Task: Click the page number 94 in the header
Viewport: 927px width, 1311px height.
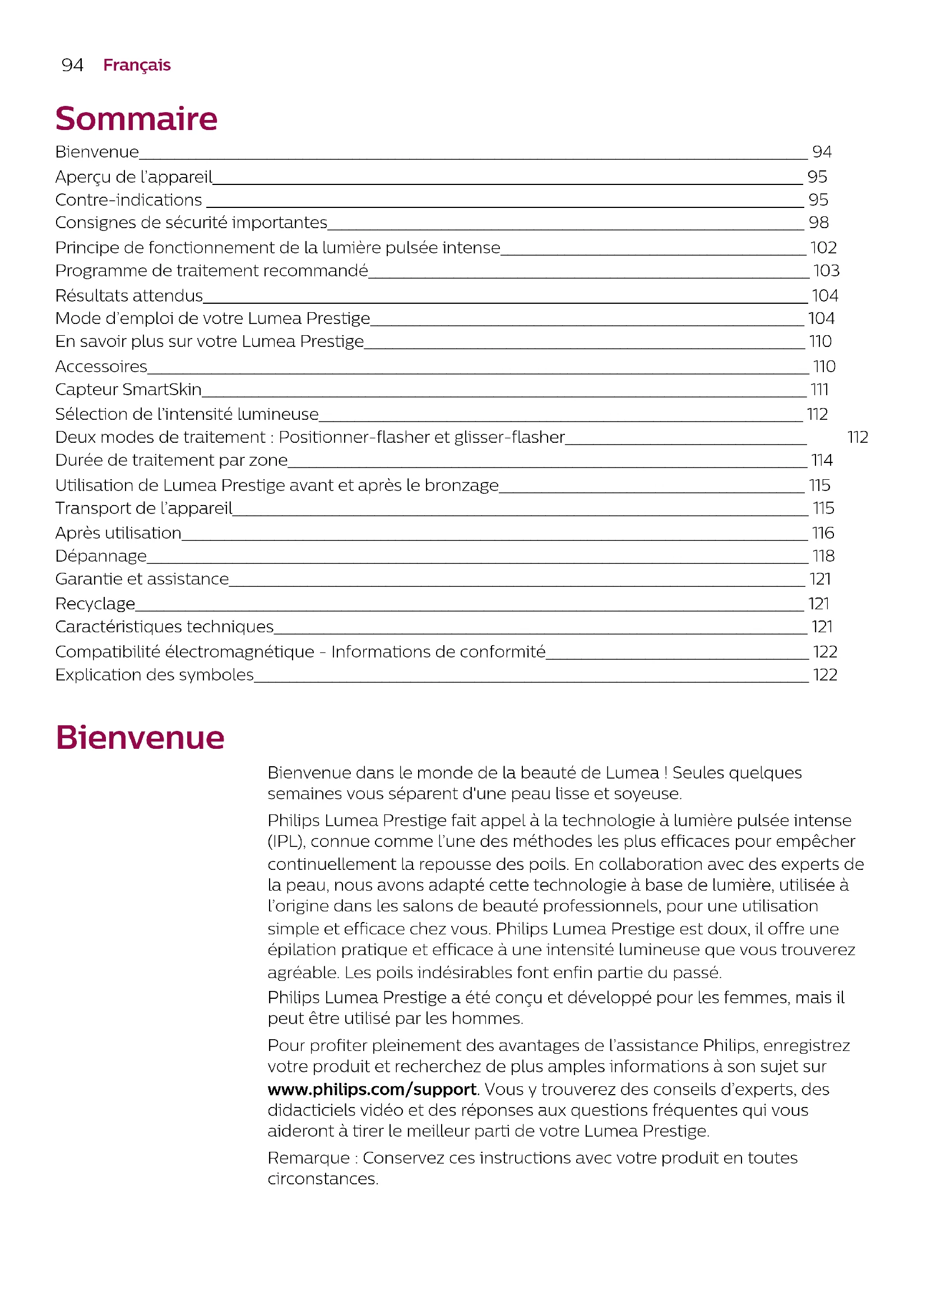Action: (72, 65)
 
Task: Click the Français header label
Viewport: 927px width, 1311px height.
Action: (136, 65)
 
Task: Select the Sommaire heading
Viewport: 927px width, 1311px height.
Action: (136, 119)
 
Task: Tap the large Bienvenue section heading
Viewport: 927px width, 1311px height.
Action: (140, 737)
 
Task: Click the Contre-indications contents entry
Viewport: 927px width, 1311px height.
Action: (128, 200)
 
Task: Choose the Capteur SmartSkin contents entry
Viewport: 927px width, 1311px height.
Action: (128, 390)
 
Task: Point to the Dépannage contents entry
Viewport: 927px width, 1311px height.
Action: (101, 556)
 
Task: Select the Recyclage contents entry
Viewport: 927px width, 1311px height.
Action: (95, 604)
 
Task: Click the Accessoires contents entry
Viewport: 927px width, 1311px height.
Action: (101, 367)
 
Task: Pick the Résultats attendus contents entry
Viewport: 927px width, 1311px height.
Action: (129, 296)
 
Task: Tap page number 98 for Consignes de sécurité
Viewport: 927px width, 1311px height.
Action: (818, 223)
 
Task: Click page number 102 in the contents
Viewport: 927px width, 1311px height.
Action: (823, 248)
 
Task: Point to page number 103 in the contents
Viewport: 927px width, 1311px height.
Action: (826, 271)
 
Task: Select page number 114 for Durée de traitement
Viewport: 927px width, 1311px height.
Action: (822, 460)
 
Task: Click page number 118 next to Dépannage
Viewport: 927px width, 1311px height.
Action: (823, 556)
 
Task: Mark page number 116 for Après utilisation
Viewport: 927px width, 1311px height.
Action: (823, 533)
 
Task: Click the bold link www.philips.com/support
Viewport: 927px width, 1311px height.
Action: (372, 1090)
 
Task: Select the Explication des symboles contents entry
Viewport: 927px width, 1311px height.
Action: (155, 675)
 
